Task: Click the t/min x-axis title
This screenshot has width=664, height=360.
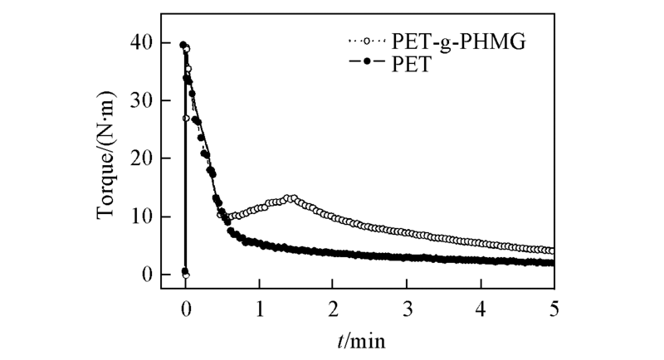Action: click(x=369, y=339)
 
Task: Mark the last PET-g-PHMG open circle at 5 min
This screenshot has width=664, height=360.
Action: click(x=552, y=251)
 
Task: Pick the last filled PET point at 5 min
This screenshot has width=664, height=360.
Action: click(x=552, y=263)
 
